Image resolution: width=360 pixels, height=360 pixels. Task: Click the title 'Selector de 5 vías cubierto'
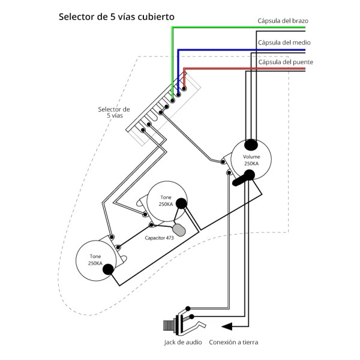(116, 17)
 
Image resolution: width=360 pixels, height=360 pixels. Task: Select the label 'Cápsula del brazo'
(283, 21)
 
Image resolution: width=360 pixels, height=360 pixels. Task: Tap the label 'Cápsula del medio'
(284, 43)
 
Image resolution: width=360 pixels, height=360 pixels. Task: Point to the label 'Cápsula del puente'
(285, 62)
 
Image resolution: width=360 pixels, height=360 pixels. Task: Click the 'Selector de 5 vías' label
(113, 112)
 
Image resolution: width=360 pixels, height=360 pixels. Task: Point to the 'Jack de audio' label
(182, 343)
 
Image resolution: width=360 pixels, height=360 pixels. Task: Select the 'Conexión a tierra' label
(233, 343)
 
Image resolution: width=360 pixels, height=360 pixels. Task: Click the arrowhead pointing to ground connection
(226, 326)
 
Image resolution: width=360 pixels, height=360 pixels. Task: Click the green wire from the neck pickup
(240, 27)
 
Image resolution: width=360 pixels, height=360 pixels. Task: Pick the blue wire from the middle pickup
(240, 49)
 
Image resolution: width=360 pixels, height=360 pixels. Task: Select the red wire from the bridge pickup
(240, 68)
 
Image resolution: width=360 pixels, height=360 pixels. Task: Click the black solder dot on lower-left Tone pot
(109, 269)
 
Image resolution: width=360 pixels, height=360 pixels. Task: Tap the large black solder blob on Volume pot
(247, 175)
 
